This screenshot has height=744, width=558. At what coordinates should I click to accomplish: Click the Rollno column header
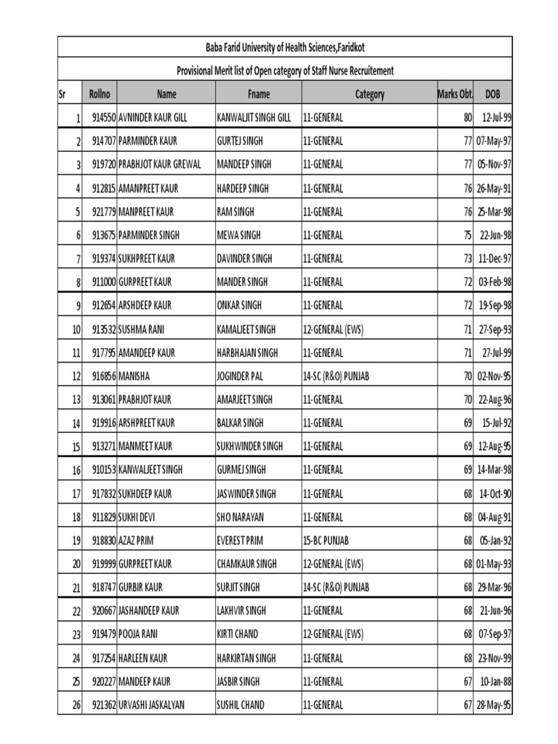[100, 94]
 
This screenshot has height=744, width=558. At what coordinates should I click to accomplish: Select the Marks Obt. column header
[456, 94]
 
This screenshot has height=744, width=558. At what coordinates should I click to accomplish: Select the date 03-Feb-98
[494, 282]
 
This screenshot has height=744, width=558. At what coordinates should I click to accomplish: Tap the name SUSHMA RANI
[141, 330]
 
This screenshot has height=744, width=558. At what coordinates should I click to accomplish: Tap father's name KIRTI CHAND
[238, 634]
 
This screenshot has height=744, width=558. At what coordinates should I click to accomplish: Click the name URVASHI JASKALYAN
[155, 705]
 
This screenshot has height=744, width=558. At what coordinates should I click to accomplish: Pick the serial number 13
[76, 400]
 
